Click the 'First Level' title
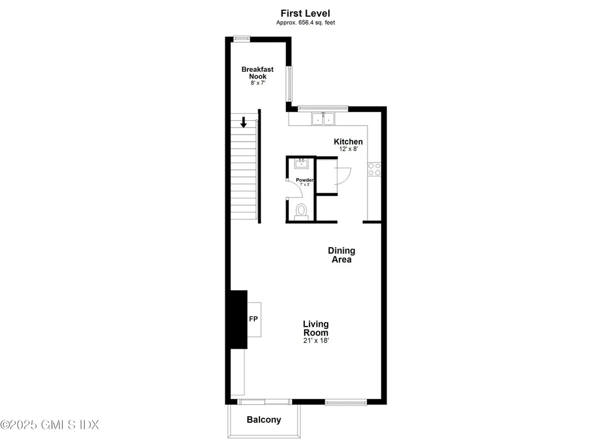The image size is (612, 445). (305, 13)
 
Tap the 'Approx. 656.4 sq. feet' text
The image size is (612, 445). (305, 23)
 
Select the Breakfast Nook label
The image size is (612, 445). (258, 73)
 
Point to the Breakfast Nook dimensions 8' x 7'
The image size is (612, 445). (258, 83)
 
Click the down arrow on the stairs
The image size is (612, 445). (243, 122)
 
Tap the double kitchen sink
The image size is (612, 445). (323, 119)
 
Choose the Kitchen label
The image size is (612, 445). (348, 142)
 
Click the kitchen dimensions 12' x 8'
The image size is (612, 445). (348, 150)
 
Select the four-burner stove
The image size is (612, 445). (375, 169)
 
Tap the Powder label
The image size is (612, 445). (305, 179)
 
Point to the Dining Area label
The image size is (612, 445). (342, 255)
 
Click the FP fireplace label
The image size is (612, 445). (253, 319)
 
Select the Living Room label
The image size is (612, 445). (316, 328)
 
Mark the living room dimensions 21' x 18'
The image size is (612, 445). (316, 341)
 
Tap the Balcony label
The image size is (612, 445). (264, 420)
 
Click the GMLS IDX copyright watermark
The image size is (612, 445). (50, 425)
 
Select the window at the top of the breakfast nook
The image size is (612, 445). (241, 39)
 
